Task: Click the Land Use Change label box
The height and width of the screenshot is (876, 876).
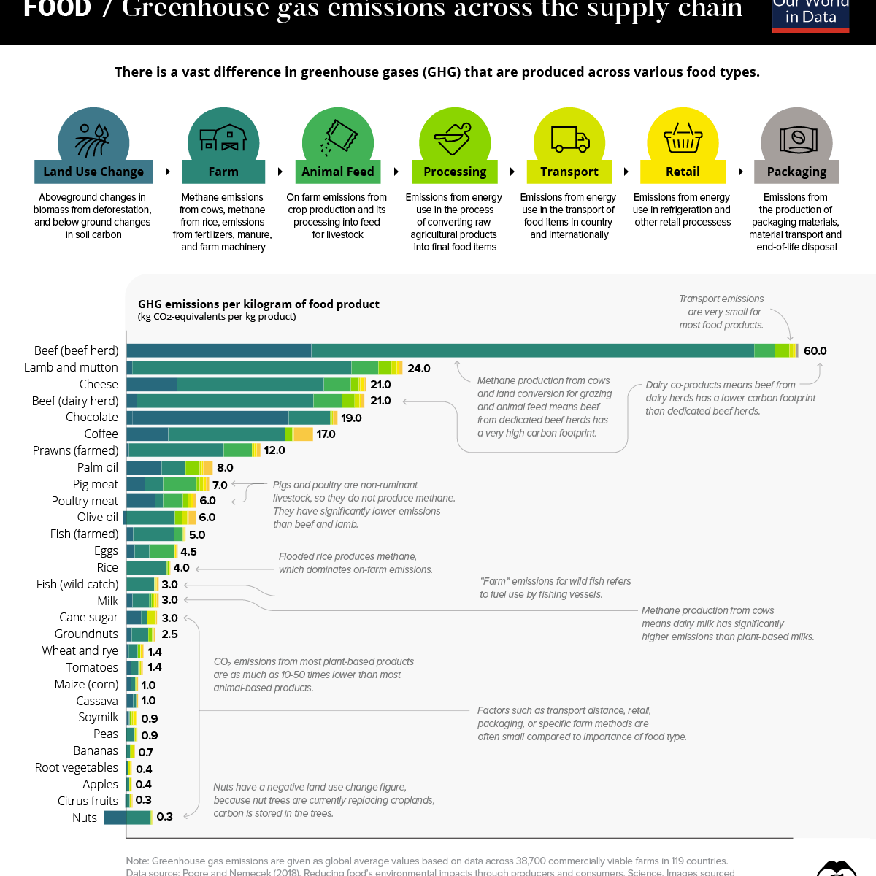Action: click(x=93, y=172)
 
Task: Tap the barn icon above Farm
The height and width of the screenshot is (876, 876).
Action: click(x=223, y=137)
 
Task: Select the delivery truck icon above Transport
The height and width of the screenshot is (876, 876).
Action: click(x=569, y=139)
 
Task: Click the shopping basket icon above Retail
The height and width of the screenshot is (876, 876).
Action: click(x=683, y=138)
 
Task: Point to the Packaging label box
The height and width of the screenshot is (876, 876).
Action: click(x=796, y=172)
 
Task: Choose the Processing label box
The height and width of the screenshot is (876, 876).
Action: click(x=455, y=172)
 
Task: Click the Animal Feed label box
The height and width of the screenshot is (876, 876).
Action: click(x=337, y=172)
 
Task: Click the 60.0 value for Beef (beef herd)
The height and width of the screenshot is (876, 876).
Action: click(x=815, y=351)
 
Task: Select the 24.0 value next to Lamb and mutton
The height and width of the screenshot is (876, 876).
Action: click(x=419, y=369)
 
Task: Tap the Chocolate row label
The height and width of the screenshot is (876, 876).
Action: click(x=91, y=418)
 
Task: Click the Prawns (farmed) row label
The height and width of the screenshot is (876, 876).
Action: click(x=75, y=451)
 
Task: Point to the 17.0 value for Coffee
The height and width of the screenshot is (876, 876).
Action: click(x=326, y=434)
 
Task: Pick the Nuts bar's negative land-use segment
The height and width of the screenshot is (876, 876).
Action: click(x=115, y=818)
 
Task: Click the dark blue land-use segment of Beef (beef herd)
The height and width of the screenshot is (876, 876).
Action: click(x=219, y=351)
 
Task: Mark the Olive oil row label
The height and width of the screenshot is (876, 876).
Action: click(x=97, y=518)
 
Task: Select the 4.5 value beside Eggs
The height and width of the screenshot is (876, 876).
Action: click(x=188, y=552)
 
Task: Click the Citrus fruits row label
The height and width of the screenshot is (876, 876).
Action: click(x=88, y=802)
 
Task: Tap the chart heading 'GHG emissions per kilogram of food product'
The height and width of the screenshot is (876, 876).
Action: click(x=258, y=304)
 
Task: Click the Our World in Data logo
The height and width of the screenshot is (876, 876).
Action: click(x=810, y=15)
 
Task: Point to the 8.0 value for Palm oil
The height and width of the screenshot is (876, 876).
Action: click(x=225, y=468)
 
